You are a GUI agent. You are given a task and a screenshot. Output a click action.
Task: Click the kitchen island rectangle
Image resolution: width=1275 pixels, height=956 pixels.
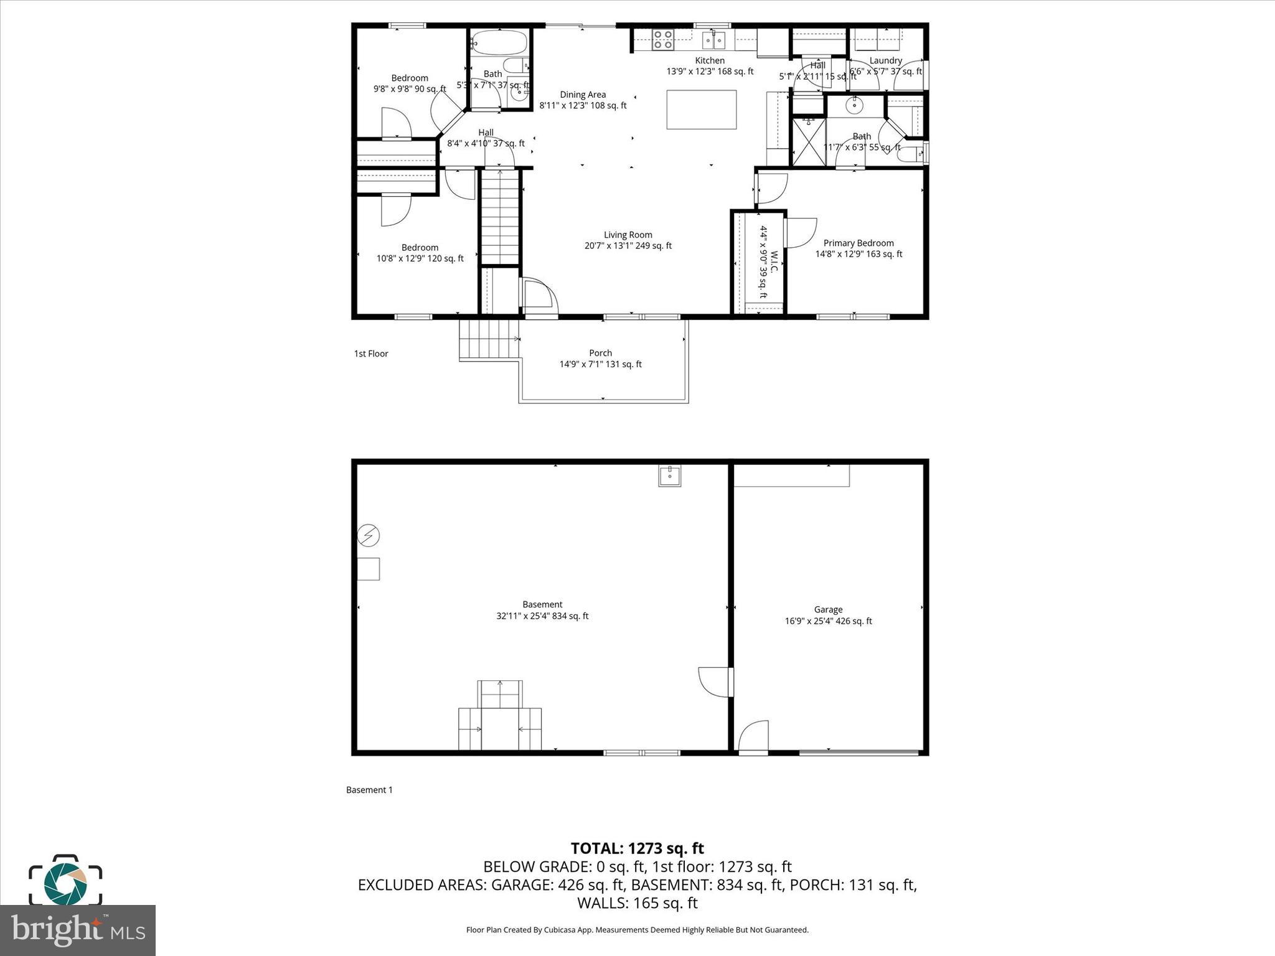click(701, 110)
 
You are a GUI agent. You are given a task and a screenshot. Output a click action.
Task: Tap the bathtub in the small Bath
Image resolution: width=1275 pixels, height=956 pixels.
click(499, 43)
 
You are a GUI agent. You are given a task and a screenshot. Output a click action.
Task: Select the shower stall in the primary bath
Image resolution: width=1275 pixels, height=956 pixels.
click(808, 142)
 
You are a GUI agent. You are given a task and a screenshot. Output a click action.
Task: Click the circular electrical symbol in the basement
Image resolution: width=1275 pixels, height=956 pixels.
click(369, 535)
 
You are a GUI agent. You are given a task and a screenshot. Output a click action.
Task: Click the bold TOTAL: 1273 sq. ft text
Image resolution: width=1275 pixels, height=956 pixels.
click(637, 848)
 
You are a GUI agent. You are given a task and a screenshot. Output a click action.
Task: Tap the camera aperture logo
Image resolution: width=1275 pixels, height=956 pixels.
click(65, 884)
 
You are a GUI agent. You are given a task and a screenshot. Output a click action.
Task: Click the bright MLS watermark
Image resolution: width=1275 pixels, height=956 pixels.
click(78, 930)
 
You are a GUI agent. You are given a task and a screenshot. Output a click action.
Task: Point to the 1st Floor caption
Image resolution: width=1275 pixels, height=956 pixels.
click(371, 354)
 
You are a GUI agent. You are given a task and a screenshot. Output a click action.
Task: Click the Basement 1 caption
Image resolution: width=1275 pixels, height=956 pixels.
click(369, 790)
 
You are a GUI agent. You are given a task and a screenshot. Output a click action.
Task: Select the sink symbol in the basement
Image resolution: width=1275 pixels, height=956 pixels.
click(669, 476)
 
